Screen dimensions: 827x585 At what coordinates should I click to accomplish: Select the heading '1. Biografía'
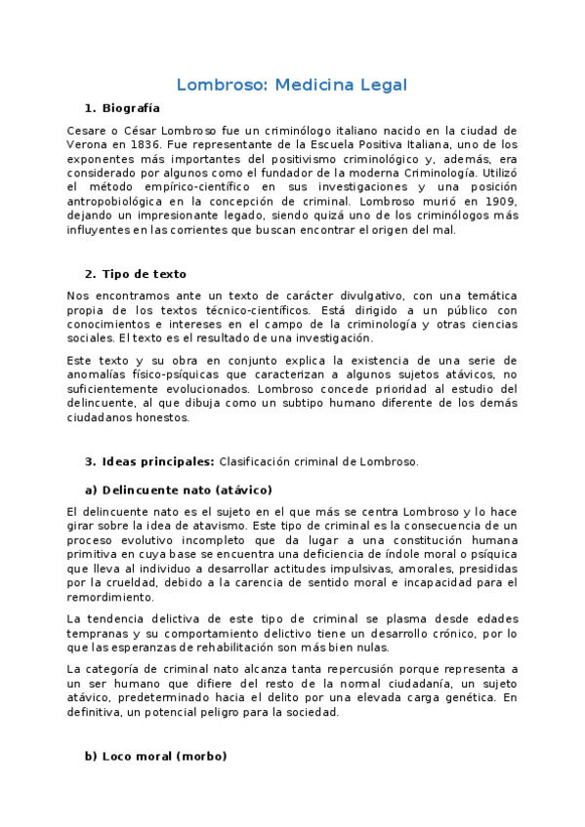click(122, 108)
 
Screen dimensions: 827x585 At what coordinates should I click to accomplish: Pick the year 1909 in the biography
click(497, 201)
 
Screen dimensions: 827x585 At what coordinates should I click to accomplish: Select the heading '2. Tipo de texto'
click(135, 274)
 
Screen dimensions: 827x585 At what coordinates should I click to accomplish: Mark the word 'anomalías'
click(101, 375)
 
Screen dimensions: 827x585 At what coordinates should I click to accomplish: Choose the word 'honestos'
click(169, 417)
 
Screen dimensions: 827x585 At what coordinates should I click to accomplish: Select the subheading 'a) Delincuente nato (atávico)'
click(179, 490)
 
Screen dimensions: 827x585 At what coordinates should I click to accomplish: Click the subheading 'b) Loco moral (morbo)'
click(155, 756)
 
